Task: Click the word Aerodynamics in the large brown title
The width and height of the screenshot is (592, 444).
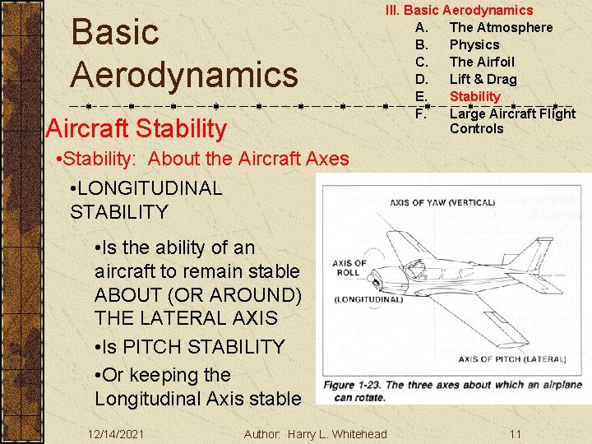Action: [x=183, y=74]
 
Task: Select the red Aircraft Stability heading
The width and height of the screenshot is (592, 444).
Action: [x=136, y=128]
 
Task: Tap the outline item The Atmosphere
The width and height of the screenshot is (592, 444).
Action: [x=501, y=27]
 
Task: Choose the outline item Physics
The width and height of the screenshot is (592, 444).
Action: [x=474, y=44]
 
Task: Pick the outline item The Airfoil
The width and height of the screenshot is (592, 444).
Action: [x=481, y=62]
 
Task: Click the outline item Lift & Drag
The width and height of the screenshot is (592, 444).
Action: [x=483, y=79]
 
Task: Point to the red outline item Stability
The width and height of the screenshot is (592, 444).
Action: [x=474, y=96]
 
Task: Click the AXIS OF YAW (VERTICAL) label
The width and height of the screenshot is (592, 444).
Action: [x=442, y=202]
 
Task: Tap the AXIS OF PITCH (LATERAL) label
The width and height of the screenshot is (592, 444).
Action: [x=511, y=358]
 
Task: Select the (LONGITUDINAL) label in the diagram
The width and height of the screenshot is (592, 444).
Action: [x=369, y=299]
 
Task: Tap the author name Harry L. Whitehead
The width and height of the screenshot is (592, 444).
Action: [x=336, y=433]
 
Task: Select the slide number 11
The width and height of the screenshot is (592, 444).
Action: [x=515, y=433]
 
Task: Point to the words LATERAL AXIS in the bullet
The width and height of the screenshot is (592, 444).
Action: [x=186, y=317]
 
